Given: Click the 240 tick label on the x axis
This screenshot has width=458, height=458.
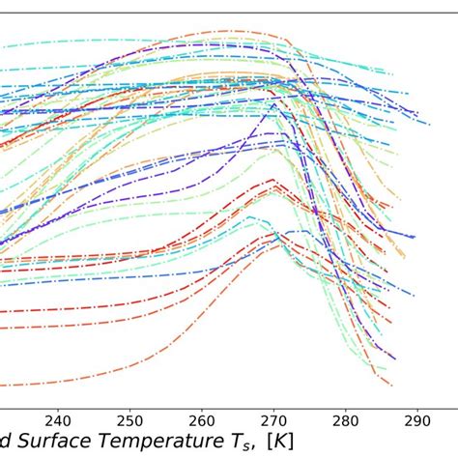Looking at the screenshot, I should [x=58, y=421].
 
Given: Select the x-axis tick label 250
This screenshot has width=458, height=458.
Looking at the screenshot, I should [x=129, y=421].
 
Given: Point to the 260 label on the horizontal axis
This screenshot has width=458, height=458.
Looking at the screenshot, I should [x=201, y=421].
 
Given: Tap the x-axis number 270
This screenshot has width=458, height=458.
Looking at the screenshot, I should [x=273, y=421].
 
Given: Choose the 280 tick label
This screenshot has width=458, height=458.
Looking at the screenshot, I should [x=345, y=421].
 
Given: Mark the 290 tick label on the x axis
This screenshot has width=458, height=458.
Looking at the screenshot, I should [x=416, y=421].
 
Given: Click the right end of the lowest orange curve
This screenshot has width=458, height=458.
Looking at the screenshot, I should [x=393, y=384].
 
